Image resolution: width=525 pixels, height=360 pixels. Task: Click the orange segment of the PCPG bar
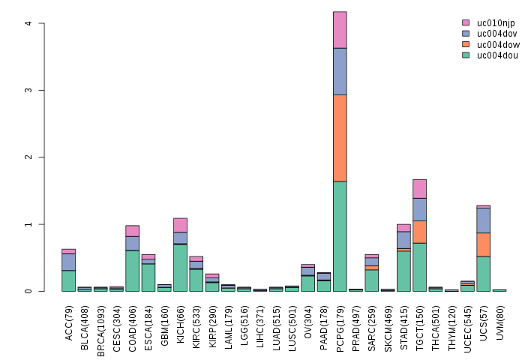pos(340,138)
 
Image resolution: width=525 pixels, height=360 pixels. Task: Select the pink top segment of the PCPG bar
pos(340,30)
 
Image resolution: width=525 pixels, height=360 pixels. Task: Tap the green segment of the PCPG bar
pos(340,236)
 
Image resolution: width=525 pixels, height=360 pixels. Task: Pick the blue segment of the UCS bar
pos(483,220)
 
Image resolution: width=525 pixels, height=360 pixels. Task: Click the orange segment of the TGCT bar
pos(419,232)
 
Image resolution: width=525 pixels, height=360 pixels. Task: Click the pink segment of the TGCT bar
pos(419,189)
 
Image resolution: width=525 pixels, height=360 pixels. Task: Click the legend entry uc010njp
pos(496,23)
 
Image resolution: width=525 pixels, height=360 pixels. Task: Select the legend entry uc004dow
pos(496,44)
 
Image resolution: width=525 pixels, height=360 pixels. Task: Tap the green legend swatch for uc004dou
pos(466,55)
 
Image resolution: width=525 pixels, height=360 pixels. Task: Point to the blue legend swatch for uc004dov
pos(466,34)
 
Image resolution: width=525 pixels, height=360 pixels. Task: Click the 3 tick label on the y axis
pos(28,90)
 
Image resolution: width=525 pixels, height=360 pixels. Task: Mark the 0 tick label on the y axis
pos(28,291)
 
